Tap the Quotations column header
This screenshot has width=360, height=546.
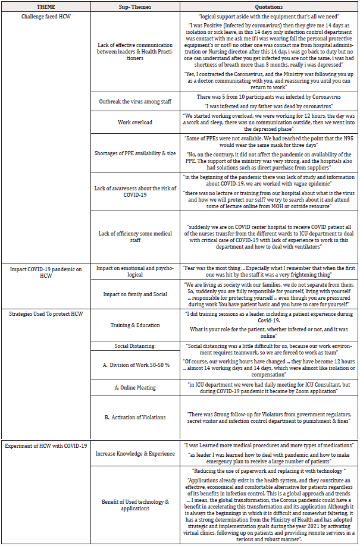click(x=269, y=7)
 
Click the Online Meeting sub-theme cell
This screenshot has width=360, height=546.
click(x=134, y=388)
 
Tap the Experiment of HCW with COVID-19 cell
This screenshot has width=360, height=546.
click(x=46, y=445)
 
